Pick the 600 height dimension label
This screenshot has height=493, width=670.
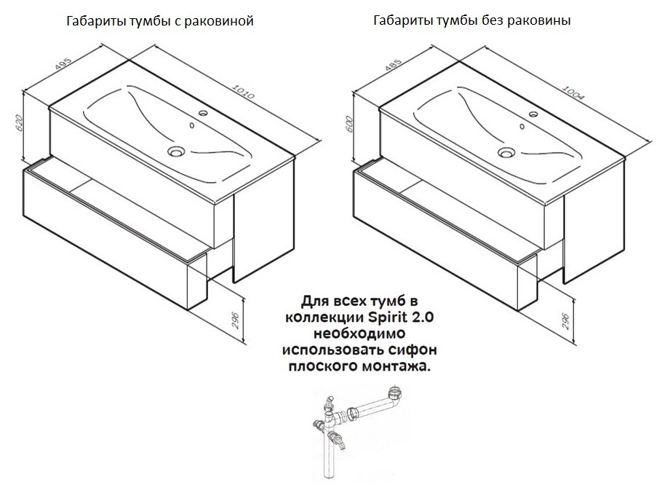pyautogui.click(x=350, y=124)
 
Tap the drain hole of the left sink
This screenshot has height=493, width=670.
pyautogui.click(x=175, y=152)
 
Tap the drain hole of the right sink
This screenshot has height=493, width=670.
pyautogui.click(x=506, y=153)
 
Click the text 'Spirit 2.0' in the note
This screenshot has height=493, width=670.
pyautogui.click(x=410, y=317)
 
